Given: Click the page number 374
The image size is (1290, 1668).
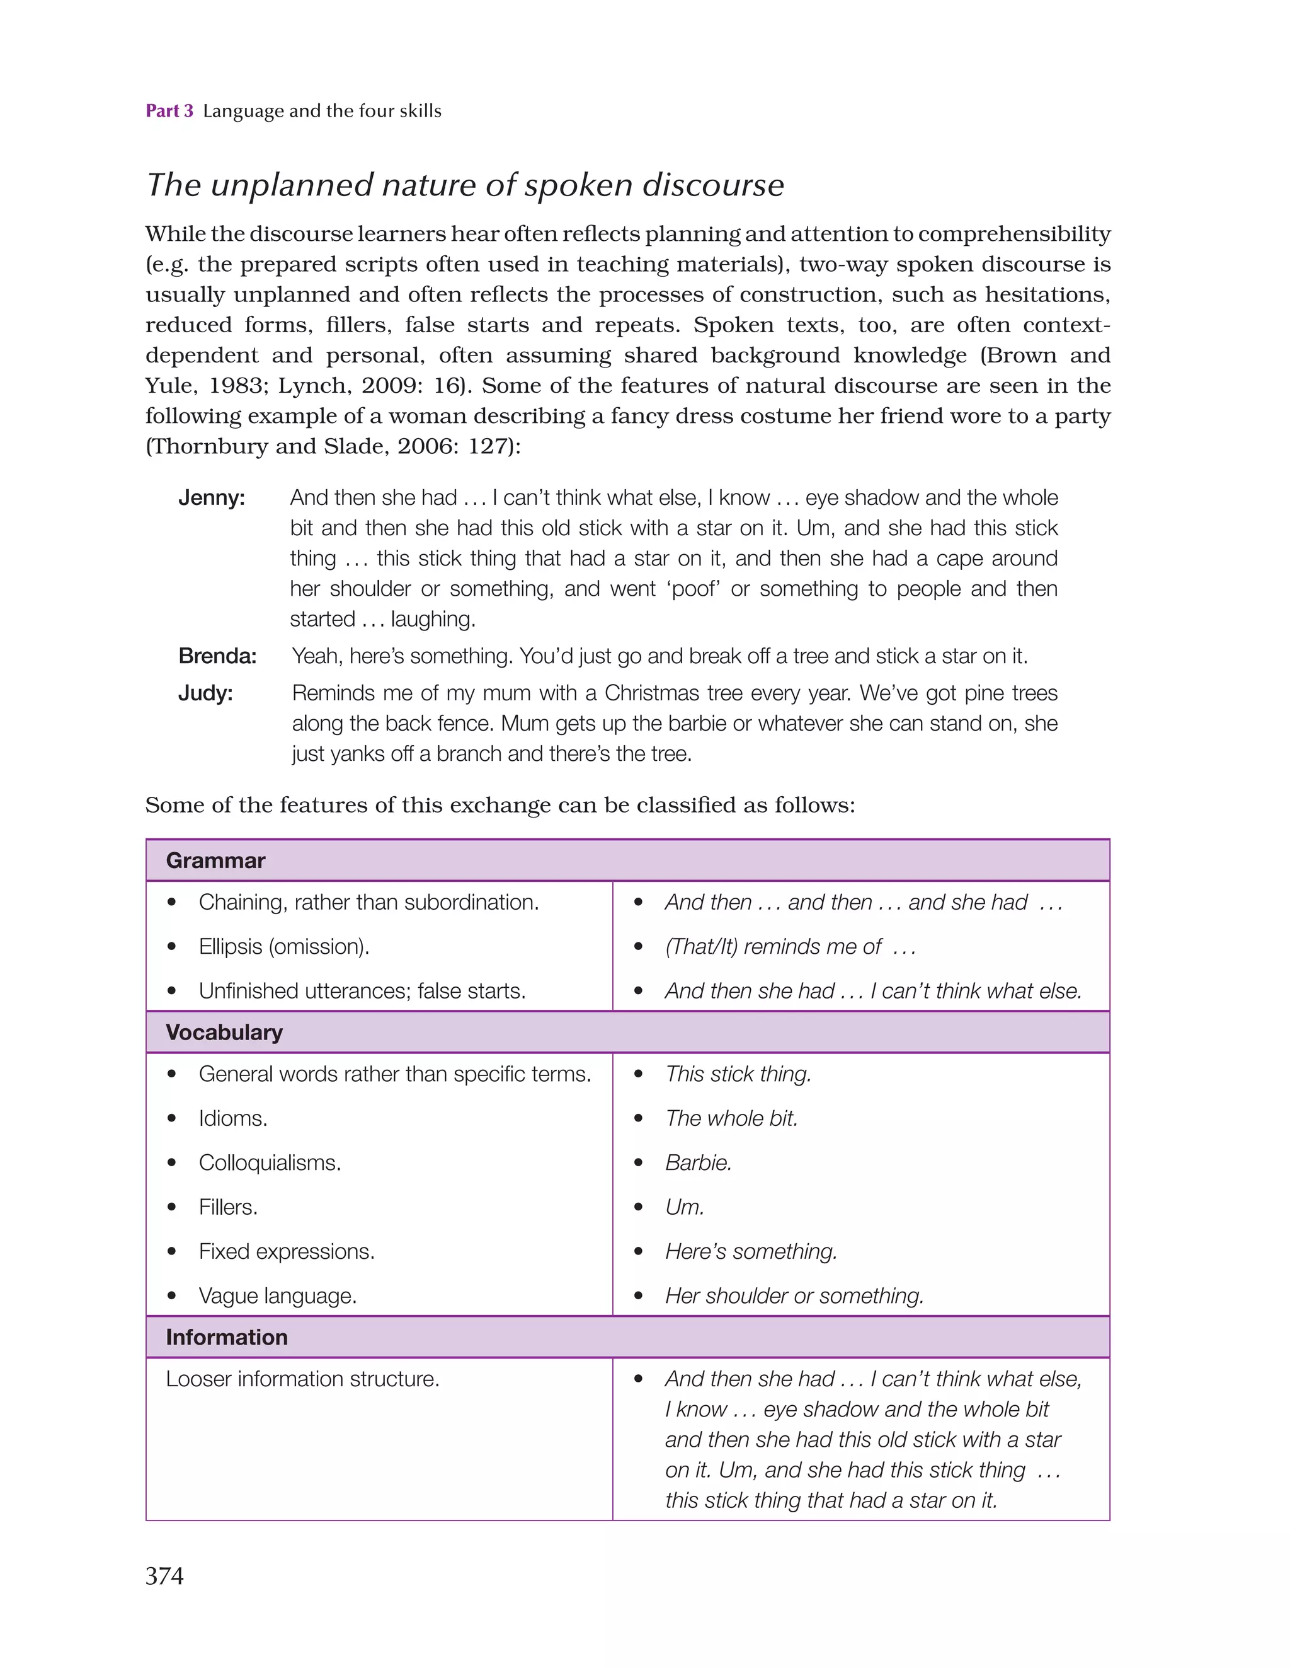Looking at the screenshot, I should click(x=164, y=1575).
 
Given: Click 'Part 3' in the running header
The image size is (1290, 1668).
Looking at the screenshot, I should click(x=169, y=111).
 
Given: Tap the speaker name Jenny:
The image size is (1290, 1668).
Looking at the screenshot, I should click(x=212, y=498).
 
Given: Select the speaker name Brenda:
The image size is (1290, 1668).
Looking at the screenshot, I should click(x=217, y=656).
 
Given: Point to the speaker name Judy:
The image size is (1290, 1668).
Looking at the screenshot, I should click(x=205, y=693).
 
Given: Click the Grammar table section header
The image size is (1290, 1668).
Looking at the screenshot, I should click(x=215, y=860).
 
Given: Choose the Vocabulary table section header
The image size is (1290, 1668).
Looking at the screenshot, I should click(x=224, y=1032).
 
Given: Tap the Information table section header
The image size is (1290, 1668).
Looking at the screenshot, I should click(x=227, y=1336).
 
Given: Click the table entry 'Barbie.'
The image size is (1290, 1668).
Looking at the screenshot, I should click(x=698, y=1162).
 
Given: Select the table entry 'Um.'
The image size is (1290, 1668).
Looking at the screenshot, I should click(x=684, y=1207).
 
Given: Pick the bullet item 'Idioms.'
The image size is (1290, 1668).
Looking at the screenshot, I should click(x=233, y=1118).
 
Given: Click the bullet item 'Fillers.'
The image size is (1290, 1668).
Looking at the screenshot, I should click(x=228, y=1207).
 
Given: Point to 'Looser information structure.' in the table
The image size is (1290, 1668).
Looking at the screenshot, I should click(x=302, y=1379).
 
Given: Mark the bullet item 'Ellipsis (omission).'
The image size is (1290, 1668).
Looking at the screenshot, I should click(x=284, y=946).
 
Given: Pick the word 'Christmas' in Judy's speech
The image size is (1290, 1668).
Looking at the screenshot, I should click(x=652, y=693).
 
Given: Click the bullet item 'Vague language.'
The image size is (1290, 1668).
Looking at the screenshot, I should click(x=277, y=1295).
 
